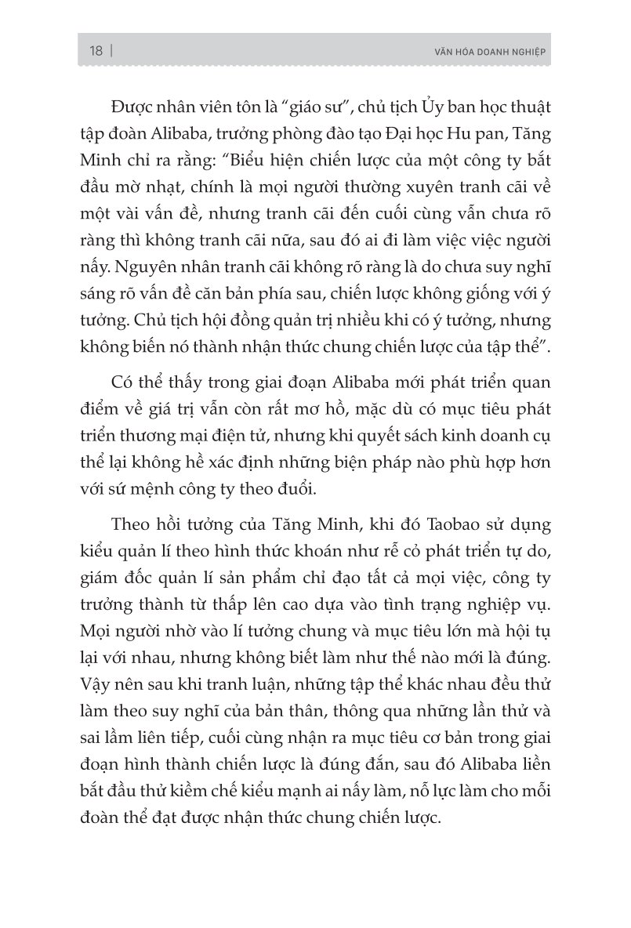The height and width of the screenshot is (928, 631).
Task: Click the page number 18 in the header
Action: pyautogui.click(x=96, y=52)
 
